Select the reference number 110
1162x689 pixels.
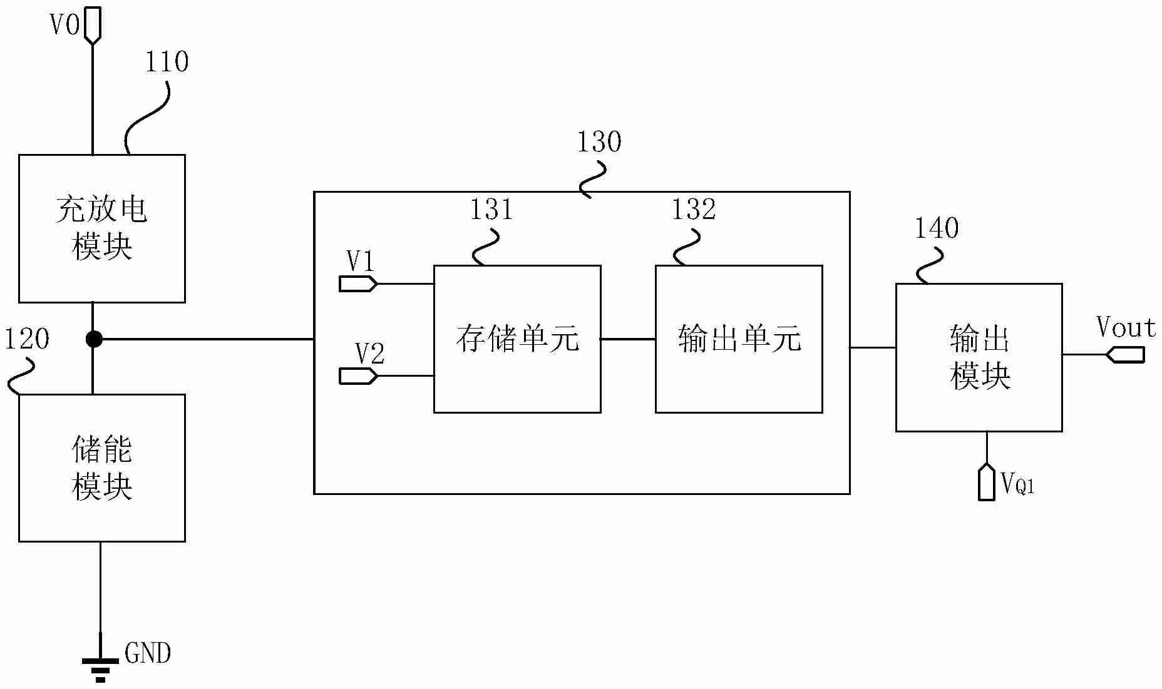click(167, 62)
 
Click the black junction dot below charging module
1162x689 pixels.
click(93, 339)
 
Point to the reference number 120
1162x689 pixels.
click(27, 339)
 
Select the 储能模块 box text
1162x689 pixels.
click(101, 468)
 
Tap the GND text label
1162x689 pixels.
click(148, 653)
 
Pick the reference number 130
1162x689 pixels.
click(599, 142)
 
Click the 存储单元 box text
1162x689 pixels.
click(517, 339)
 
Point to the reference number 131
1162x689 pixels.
click(491, 209)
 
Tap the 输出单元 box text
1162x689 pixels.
click(739, 339)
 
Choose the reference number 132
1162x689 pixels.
click(693, 209)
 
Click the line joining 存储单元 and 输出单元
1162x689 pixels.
click(628, 339)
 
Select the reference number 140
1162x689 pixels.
click(937, 228)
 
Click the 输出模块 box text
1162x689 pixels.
click(979, 357)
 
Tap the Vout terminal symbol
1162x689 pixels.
click(1125, 355)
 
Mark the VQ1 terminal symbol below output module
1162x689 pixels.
click(987, 482)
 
